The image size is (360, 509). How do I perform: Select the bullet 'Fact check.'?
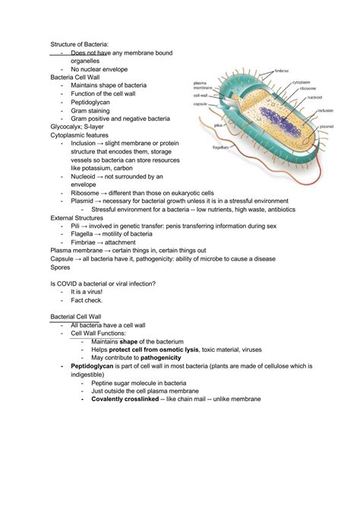pos(88,300)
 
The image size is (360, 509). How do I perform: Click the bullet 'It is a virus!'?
pos(89,292)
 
